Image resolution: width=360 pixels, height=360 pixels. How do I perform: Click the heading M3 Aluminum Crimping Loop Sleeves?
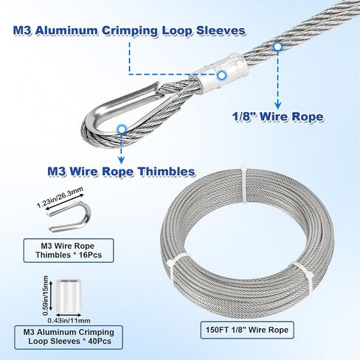tap(129, 31)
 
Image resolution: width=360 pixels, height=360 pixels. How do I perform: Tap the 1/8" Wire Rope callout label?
tap(278, 117)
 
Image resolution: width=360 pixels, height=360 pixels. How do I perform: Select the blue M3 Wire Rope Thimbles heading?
tap(121, 171)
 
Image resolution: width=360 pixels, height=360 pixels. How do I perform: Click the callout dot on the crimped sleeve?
tap(221, 75)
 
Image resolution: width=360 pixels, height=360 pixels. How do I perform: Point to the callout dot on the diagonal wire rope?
tap(277, 46)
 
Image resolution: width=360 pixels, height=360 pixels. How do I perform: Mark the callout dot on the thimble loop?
tap(121, 129)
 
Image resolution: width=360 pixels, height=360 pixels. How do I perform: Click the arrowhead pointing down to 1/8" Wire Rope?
tap(277, 105)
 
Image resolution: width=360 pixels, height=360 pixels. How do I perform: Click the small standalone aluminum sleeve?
tap(69, 294)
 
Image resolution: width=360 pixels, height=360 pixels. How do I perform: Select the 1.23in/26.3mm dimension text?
tap(60, 197)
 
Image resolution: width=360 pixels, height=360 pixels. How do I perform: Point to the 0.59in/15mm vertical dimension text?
tap(45, 296)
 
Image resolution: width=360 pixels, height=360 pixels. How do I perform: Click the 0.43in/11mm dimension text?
tap(69, 321)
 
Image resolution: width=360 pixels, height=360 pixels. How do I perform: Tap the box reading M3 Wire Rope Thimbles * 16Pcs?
tap(69, 250)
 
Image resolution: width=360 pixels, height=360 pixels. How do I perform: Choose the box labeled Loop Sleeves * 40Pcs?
tap(69, 337)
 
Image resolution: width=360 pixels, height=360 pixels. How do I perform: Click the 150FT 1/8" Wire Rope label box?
tap(247, 330)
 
